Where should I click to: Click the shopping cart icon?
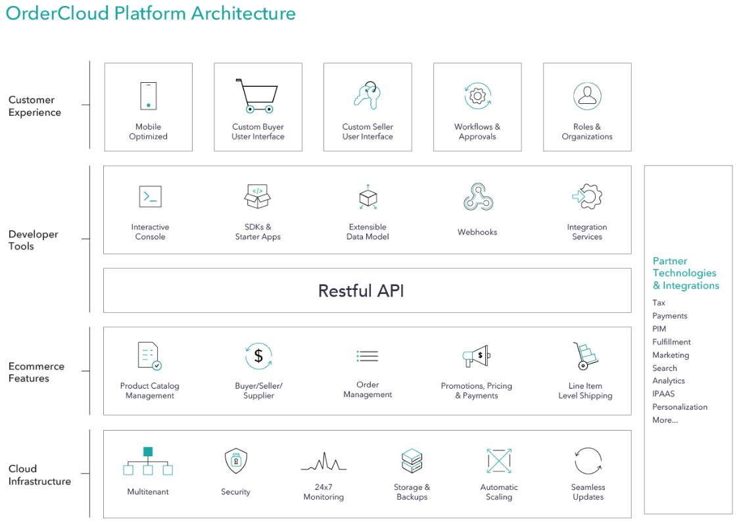pyautogui.click(x=257, y=96)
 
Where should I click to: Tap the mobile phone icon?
pyautogui.click(x=149, y=96)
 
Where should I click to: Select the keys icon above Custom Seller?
pyautogui.click(x=368, y=96)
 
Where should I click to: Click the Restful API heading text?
pyautogui.click(x=361, y=291)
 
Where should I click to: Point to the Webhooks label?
pyautogui.click(x=477, y=232)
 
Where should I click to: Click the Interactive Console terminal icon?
pyautogui.click(x=151, y=197)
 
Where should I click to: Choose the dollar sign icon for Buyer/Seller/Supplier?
pyautogui.click(x=258, y=356)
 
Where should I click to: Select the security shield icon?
pyautogui.click(x=235, y=460)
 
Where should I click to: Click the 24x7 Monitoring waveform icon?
pyautogui.click(x=323, y=462)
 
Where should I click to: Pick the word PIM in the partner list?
pyautogui.click(x=659, y=329)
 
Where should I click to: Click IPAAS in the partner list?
pyautogui.click(x=663, y=394)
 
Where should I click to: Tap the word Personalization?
pyautogui.click(x=680, y=407)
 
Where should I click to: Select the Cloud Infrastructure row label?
pyautogui.click(x=39, y=475)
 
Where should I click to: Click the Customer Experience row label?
pyautogui.click(x=34, y=106)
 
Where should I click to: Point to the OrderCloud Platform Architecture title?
pyautogui.click(x=151, y=12)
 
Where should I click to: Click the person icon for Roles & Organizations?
pyautogui.click(x=587, y=96)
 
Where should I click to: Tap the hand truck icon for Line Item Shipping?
pyautogui.click(x=585, y=356)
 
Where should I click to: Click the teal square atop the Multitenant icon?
pyautogui.click(x=148, y=452)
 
